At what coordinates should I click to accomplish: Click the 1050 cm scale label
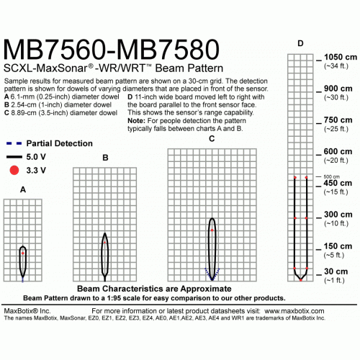click(x=341, y=57)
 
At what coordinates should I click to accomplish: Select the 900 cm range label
click(x=338, y=89)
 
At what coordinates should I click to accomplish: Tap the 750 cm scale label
click(x=338, y=120)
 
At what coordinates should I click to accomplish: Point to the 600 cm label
click(x=338, y=151)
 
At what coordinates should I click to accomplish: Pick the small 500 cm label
click(x=331, y=176)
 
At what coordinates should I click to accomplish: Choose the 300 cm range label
click(x=338, y=215)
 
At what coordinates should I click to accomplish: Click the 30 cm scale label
click(x=336, y=271)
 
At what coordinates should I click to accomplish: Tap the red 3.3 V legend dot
click(x=14, y=170)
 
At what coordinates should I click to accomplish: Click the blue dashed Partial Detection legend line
click(x=14, y=143)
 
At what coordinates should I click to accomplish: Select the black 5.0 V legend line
click(x=14, y=157)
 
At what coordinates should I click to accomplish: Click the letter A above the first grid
click(x=23, y=189)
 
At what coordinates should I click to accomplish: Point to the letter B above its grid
click(x=105, y=158)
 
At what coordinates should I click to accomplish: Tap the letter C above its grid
click(x=212, y=139)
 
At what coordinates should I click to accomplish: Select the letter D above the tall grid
click(x=300, y=43)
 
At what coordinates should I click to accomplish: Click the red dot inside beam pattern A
click(x=23, y=253)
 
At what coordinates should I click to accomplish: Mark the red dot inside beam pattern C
click(x=212, y=230)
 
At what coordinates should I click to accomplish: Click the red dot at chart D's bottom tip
click(x=301, y=280)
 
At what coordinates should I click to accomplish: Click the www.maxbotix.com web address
click(x=294, y=311)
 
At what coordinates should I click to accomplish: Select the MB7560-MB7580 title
click(x=111, y=50)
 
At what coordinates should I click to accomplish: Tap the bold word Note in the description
click(x=136, y=120)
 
